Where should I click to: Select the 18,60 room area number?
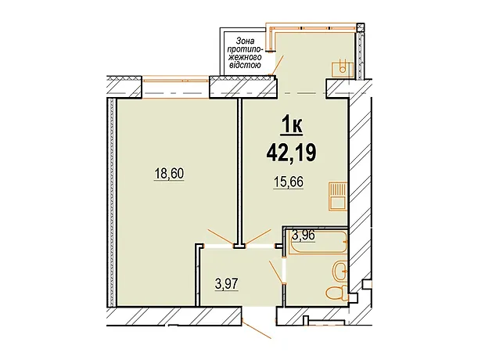169,174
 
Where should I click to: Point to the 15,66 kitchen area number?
289,182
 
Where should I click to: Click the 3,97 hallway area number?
227,284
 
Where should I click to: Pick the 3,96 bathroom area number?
304,236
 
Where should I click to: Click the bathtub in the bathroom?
318,243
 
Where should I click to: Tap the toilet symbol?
337,293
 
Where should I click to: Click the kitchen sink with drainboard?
338,196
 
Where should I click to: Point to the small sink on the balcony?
343,69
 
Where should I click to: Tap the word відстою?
244,65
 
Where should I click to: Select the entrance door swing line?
257,329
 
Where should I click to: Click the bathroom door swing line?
276,272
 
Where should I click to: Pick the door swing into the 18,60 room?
221,237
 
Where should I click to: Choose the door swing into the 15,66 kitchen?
258,237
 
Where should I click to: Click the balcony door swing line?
278,65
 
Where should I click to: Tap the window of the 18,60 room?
175,80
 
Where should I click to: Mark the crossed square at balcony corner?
360,27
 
